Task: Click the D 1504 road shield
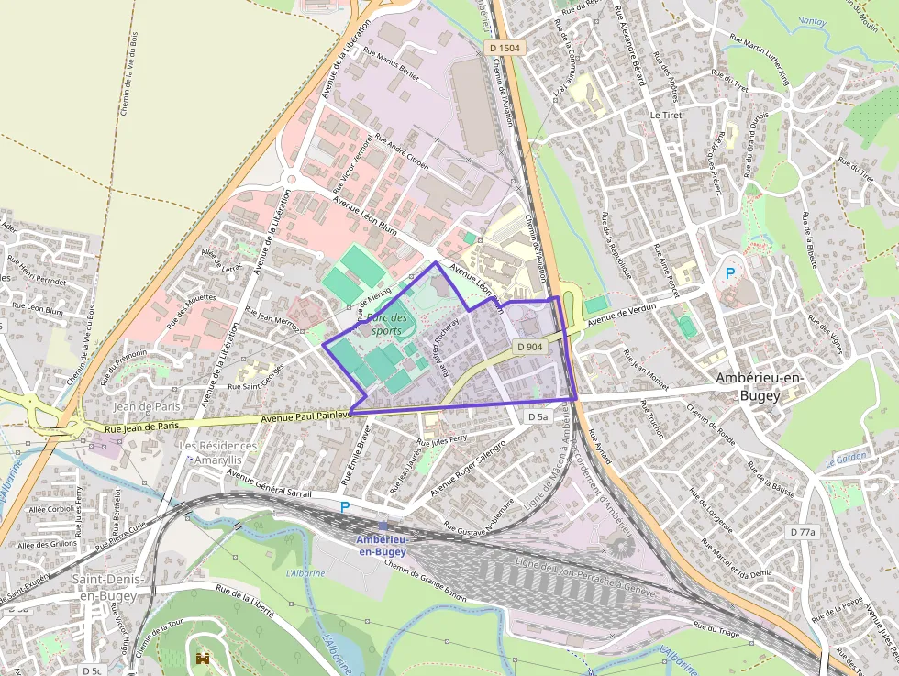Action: (x=505, y=47)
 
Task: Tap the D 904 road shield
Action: (x=530, y=347)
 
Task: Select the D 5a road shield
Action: (x=538, y=416)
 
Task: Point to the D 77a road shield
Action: (x=803, y=532)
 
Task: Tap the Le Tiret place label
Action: (x=666, y=116)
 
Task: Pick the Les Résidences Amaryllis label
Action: (x=217, y=452)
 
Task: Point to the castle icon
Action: (x=202, y=658)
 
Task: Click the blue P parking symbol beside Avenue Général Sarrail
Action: (x=345, y=507)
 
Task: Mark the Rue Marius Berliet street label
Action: (x=391, y=64)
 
